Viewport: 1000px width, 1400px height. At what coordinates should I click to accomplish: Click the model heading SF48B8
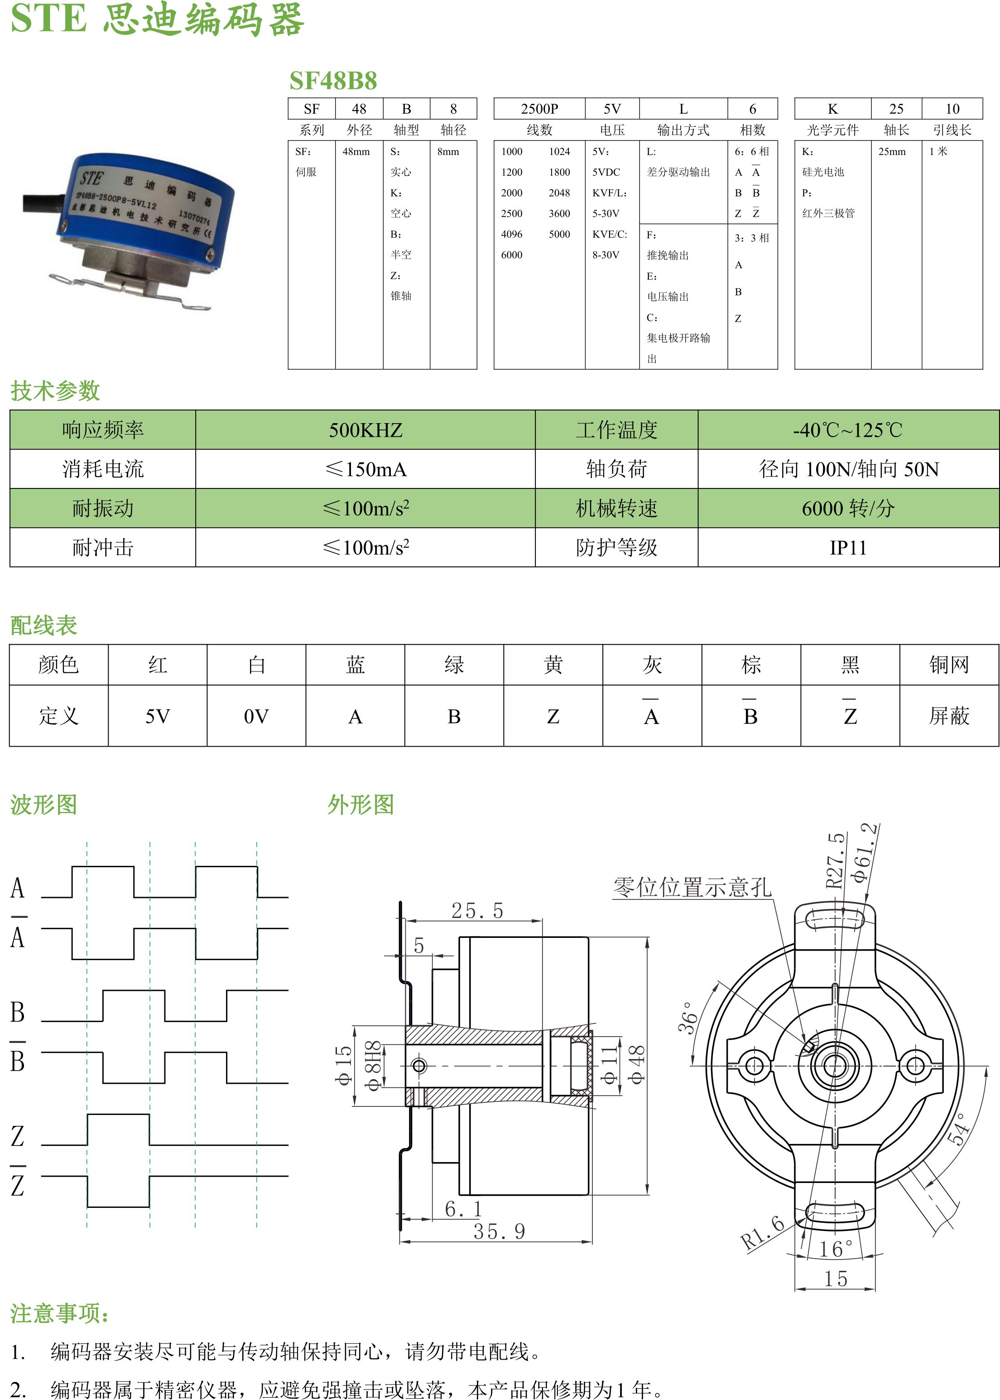tap(333, 81)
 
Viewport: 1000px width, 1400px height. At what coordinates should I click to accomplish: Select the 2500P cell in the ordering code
tap(539, 109)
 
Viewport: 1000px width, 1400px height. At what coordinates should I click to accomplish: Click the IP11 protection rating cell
tap(848, 548)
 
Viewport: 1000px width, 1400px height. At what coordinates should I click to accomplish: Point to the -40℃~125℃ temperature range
tap(848, 430)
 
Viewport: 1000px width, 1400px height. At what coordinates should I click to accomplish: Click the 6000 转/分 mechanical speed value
tap(848, 508)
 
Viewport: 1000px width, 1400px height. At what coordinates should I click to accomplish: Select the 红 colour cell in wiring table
tap(158, 665)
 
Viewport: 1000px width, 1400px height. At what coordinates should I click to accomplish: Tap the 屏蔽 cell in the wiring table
tap(949, 716)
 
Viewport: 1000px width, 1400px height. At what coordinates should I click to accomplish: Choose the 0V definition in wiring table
tap(256, 716)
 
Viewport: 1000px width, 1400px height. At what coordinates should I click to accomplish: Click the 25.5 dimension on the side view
tap(477, 910)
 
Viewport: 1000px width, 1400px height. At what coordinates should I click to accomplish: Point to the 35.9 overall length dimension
tap(500, 1231)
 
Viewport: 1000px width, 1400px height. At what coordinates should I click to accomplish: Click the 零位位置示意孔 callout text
tap(692, 888)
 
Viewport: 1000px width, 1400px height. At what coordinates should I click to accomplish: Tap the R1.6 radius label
tap(762, 1231)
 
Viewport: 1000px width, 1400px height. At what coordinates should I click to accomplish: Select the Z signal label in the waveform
tap(17, 1136)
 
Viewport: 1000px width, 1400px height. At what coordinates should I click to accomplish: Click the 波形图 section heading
tap(44, 804)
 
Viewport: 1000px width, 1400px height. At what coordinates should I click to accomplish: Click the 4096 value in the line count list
tap(512, 234)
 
